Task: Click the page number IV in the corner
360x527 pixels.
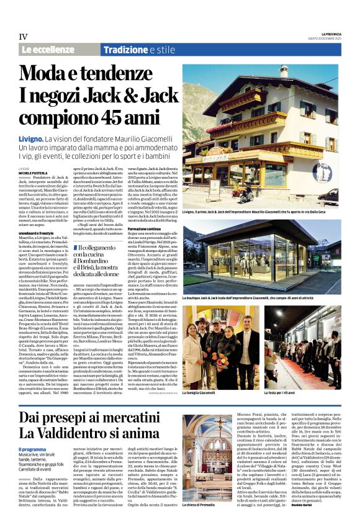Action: (x=23, y=37)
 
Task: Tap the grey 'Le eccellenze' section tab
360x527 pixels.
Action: (x=47, y=50)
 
